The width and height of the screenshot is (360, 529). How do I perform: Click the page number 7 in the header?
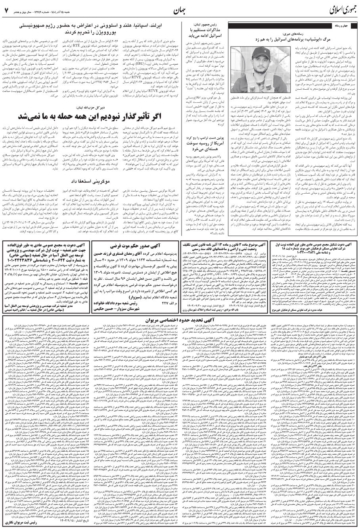[7, 9]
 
